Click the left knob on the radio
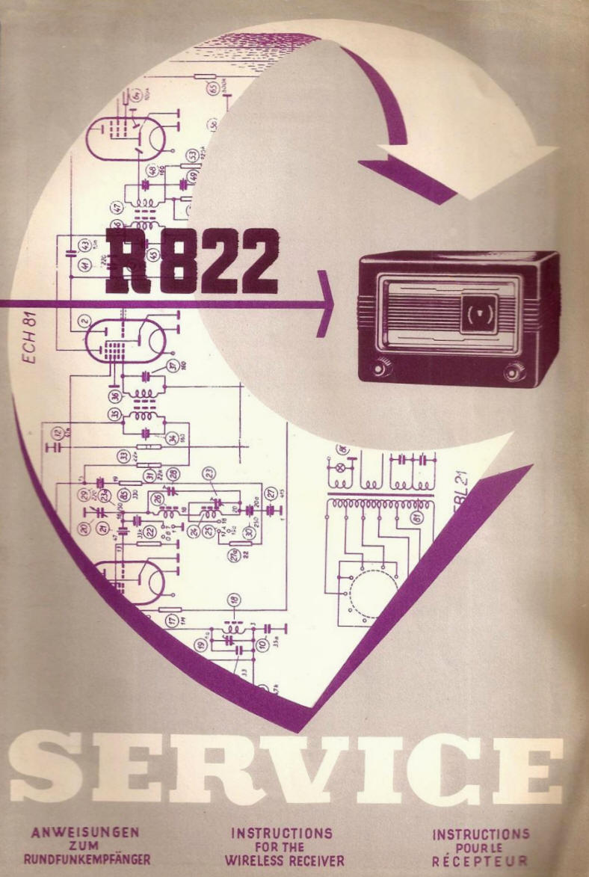[x=383, y=367]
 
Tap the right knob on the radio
[x=514, y=371]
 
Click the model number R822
[x=191, y=261]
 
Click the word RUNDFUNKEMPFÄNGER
[x=87, y=859]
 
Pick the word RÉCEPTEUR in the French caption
[x=480, y=861]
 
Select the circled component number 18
[x=235, y=600]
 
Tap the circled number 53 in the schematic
[x=192, y=156]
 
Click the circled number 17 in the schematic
[x=173, y=619]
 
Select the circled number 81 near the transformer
[x=417, y=517]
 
